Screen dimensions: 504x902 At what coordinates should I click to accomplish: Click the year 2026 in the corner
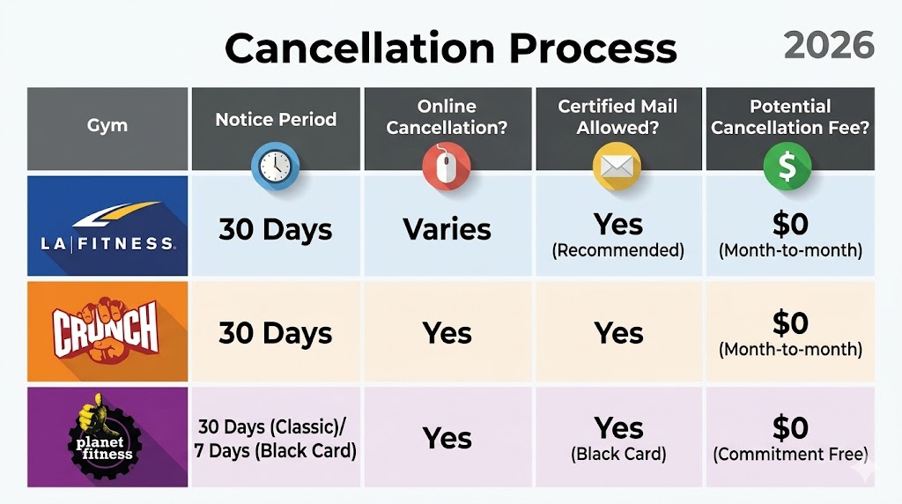[828, 45]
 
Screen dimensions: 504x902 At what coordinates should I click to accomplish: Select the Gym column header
[107, 125]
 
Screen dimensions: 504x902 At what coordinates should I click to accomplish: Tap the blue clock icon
[276, 164]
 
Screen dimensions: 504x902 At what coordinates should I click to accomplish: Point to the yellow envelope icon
[617, 165]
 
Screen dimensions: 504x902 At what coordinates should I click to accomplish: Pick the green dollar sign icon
[789, 165]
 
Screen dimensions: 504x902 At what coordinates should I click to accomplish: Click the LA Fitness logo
[107, 226]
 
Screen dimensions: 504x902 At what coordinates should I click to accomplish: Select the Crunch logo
[107, 331]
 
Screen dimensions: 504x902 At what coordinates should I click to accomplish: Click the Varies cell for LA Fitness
[447, 229]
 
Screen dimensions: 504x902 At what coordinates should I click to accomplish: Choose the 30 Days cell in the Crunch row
[276, 333]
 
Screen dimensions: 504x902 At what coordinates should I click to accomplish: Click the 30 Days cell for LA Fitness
[276, 229]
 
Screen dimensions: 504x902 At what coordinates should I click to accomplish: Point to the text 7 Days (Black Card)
[276, 451]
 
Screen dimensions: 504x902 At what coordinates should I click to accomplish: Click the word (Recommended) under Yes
[617, 250]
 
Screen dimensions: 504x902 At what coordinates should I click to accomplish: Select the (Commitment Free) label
[789, 455]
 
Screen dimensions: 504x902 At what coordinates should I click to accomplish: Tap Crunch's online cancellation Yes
[447, 333]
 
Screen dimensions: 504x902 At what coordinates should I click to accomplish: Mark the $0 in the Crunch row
[789, 323]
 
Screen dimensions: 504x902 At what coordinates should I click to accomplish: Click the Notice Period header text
[276, 119]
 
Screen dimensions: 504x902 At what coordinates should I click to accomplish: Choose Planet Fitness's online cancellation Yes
[447, 438]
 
